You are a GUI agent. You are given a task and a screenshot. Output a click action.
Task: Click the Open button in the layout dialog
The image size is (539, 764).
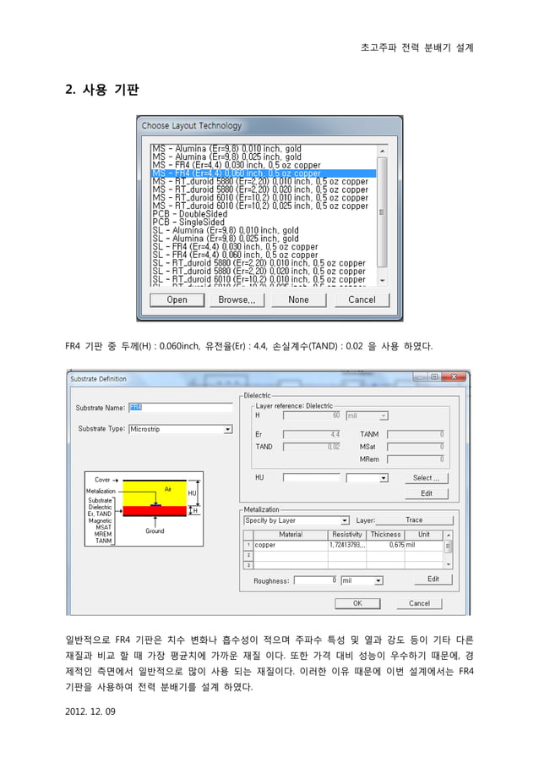(x=177, y=300)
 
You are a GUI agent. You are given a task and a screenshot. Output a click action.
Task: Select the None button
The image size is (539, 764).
(x=298, y=300)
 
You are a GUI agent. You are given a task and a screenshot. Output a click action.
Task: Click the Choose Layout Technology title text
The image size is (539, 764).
(x=192, y=126)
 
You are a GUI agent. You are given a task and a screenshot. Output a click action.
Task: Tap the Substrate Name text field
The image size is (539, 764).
(x=180, y=407)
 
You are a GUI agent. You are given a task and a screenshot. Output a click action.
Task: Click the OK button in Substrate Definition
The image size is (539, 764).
(x=357, y=603)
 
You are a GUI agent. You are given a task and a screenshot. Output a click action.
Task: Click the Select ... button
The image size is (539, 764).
(x=427, y=478)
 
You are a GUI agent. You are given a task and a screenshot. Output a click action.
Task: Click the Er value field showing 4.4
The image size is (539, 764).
(x=312, y=434)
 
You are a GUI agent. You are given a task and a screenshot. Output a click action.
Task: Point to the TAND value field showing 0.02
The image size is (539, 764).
(x=312, y=446)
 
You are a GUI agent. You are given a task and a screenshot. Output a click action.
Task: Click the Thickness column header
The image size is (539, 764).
(x=385, y=535)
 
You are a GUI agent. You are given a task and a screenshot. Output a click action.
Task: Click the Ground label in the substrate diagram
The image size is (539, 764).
(x=155, y=531)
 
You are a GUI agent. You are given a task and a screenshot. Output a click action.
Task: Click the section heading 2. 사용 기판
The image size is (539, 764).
(x=102, y=89)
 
